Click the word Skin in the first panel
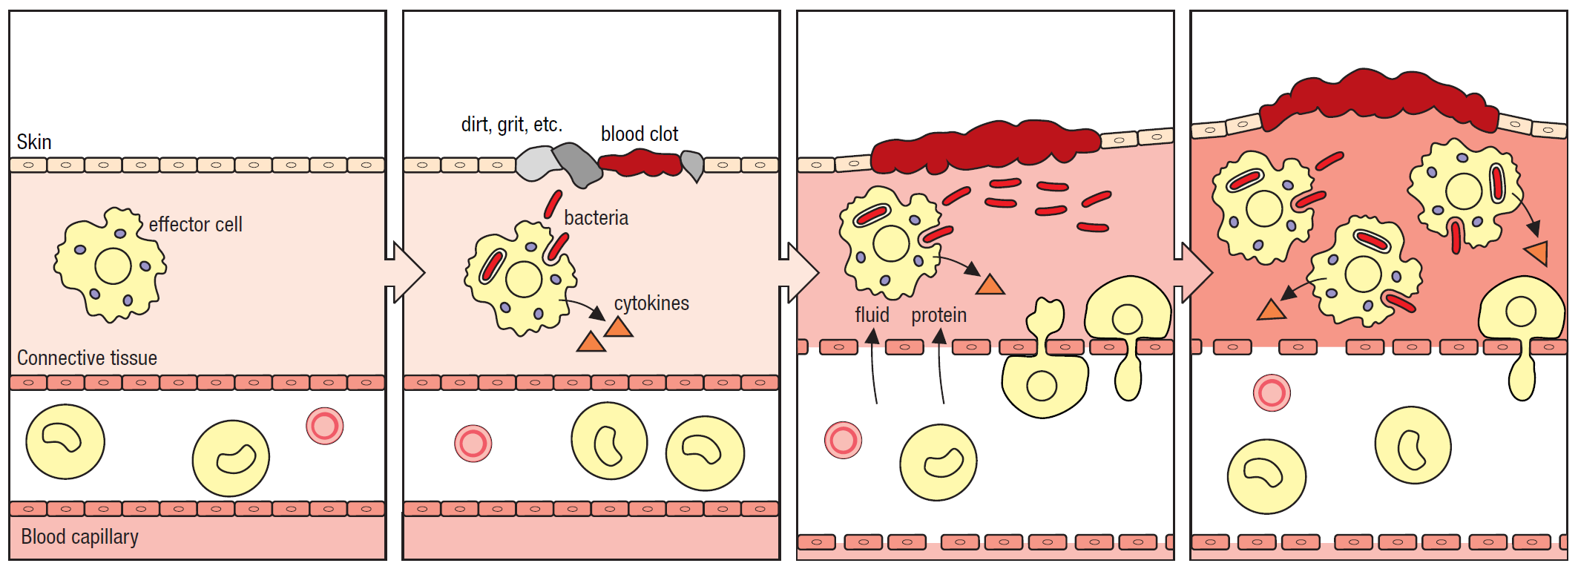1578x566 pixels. [x=34, y=142]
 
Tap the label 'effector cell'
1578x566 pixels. [x=195, y=224]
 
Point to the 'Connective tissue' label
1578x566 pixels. [x=87, y=358]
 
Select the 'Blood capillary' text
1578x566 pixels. [x=79, y=536]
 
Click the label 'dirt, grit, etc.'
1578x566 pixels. [x=511, y=124]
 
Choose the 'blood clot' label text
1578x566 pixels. [x=639, y=134]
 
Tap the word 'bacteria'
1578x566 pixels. [x=596, y=217]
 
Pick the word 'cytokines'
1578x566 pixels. [x=651, y=303]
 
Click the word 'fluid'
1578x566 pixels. [x=872, y=315]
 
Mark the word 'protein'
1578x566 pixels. [x=938, y=315]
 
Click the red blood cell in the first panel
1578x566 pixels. [x=325, y=426]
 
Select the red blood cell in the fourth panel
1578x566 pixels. [x=1272, y=393]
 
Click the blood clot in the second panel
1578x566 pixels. [x=640, y=162]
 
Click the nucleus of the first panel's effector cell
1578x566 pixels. [x=114, y=266]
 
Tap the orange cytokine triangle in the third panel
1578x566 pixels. [x=990, y=285]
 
